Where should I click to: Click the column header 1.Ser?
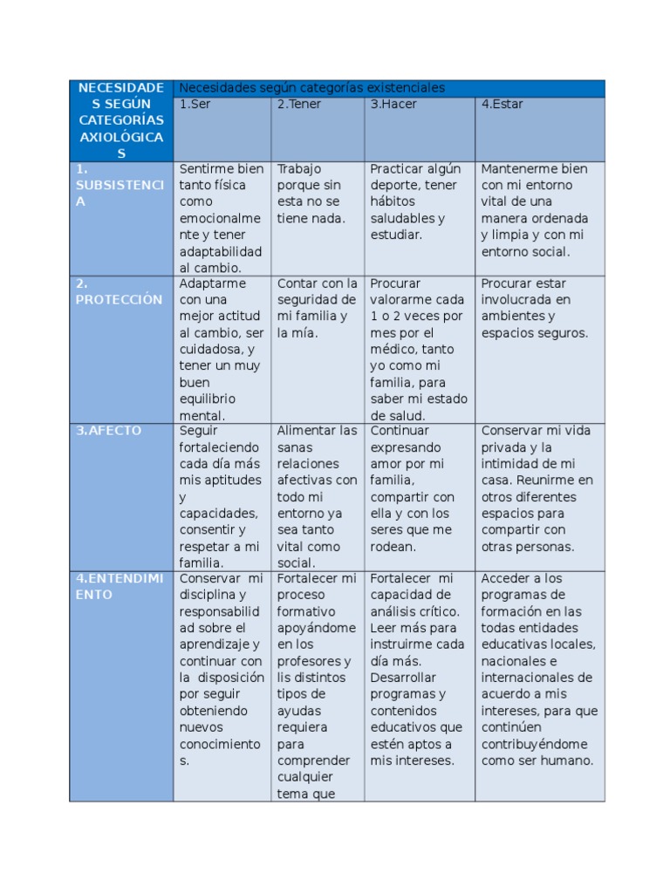tap(195, 105)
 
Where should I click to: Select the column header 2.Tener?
tap(299, 105)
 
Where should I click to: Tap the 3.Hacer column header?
tap(393, 105)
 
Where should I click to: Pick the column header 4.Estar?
tap(502, 105)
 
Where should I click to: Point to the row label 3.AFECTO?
tap(108, 431)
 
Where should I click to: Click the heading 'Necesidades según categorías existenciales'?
tap(311, 88)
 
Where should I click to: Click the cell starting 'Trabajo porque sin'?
tap(311, 194)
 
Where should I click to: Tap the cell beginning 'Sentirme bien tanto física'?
tap(221, 218)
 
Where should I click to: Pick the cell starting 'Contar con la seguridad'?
tap(318, 308)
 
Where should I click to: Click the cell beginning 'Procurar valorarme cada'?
tap(418, 349)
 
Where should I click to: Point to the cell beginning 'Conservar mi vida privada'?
tap(537, 488)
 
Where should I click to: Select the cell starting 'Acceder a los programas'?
tap(538, 669)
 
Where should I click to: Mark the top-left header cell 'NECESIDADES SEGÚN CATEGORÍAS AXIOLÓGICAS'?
tap(121, 120)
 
